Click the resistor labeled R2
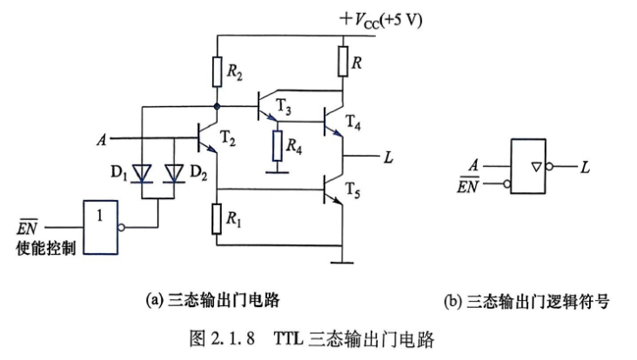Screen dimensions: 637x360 coord(218,72)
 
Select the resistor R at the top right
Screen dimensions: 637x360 coord(343,61)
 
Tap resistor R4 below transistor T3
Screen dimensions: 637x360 coord(278,146)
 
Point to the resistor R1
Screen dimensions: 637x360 coord(217,219)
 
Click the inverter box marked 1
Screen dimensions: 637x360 coord(101,227)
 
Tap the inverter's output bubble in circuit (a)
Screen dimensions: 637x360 coord(121,228)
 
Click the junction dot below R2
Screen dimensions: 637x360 coord(217,106)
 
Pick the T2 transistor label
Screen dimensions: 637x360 coord(228,138)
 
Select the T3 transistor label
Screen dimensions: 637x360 coord(284,107)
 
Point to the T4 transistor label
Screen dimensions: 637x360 coord(352,122)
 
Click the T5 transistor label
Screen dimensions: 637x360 coord(352,190)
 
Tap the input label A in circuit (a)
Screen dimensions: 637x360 coord(102,140)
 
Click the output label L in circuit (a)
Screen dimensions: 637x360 coord(388,157)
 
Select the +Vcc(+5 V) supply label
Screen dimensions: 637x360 coord(381,20)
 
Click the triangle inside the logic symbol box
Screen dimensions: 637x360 coord(537,166)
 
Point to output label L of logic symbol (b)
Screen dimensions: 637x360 coord(585,167)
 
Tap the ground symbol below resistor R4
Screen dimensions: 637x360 coord(278,172)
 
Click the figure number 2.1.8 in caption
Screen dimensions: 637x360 coord(232,338)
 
